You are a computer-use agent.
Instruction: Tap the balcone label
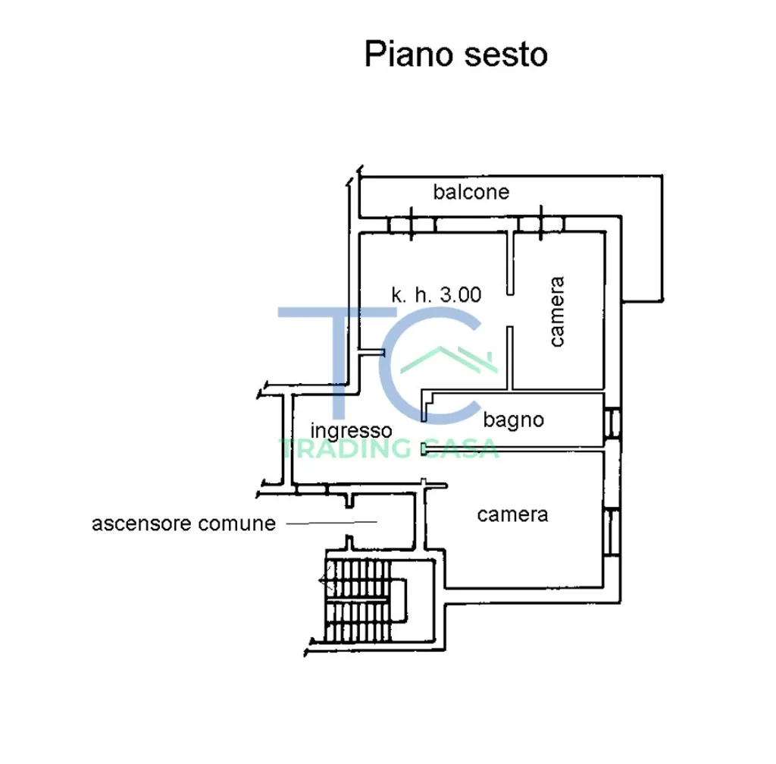pyautogui.click(x=471, y=192)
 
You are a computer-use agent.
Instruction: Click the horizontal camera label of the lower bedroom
pyautogui.click(x=512, y=514)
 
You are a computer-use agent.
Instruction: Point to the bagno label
pyautogui.click(x=513, y=420)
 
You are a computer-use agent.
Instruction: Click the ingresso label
pyautogui.click(x=352, y=430)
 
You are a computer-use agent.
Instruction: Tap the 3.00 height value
pyautogui.click(x=461, y=295)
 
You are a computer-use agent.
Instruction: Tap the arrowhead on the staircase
pyautogui.click(x=324, y=583)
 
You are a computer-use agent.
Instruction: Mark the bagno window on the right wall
pyautogui.click(x=612, y=423)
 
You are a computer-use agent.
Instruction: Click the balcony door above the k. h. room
pyautogui.click(x=410, y=223)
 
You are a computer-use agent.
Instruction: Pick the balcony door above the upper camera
pyautogui.click(x=540, y=223)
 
